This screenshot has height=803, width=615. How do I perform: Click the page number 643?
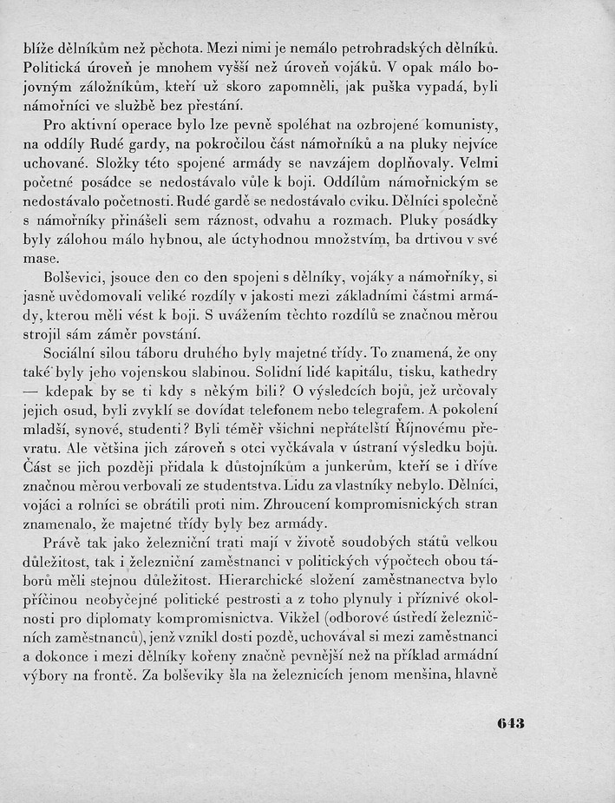512,722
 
